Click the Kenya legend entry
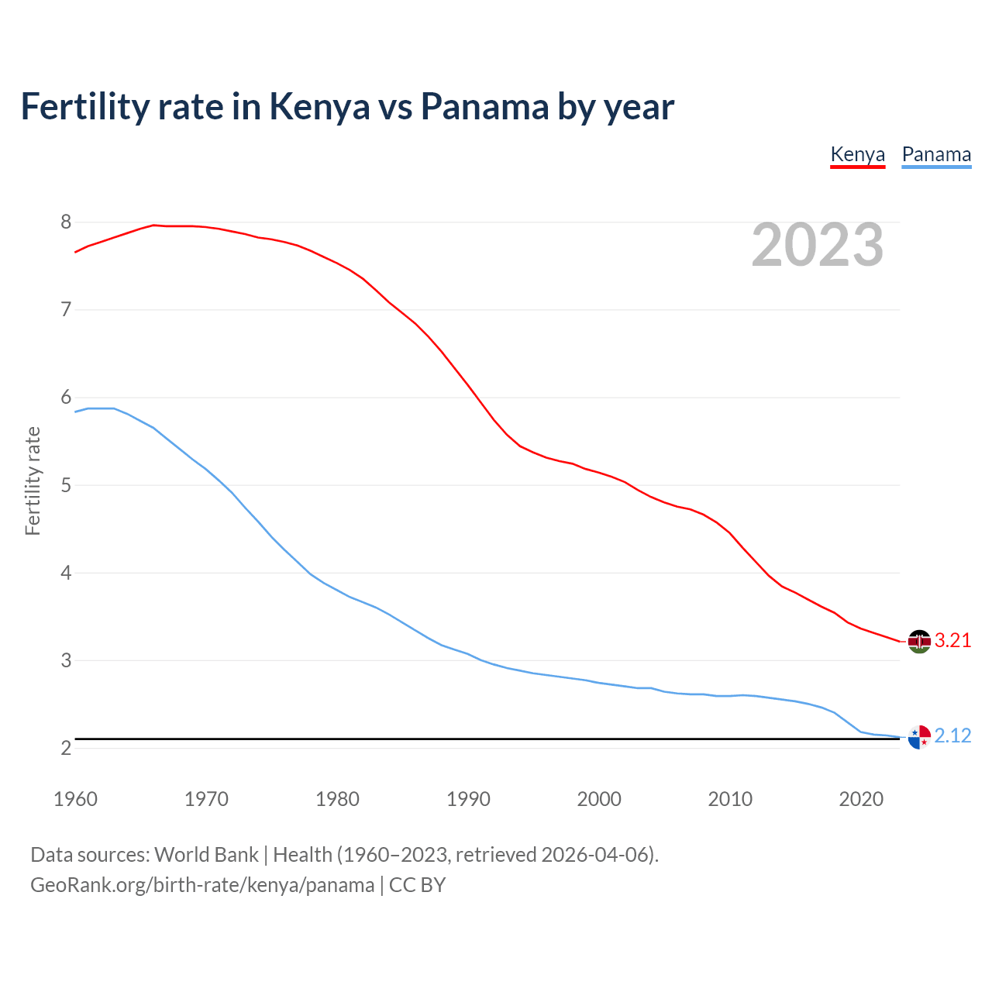[857, 154]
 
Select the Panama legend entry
[936, 154]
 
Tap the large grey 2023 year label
[818, 245]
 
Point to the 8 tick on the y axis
[66, 222]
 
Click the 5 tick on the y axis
[66, 486]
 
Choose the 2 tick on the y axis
[66, 749]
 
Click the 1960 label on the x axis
[75, 799]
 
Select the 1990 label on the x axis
[468, 799]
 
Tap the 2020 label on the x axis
[861, 799]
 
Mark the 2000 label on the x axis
[599, 799]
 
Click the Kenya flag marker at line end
[919, 642]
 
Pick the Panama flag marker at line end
[919, 737]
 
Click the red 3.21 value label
[952, 641]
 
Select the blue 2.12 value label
[952, 736]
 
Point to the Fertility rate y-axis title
[33, 480]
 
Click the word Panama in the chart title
[484, 107]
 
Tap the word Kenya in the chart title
[319, 107]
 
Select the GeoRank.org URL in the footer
[202, 885]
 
